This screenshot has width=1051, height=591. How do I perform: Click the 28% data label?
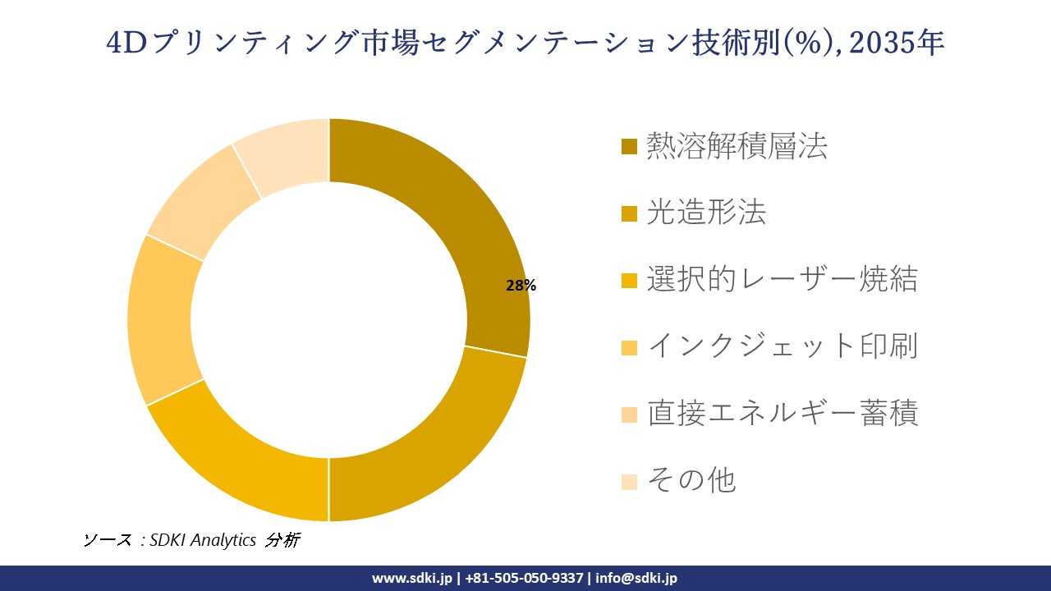(521, 286)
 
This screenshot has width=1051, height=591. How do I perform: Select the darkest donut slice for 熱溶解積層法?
(460, 222)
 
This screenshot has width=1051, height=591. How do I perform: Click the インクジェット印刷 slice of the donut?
(164, 320)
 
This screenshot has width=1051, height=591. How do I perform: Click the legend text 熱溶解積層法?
(737, 146)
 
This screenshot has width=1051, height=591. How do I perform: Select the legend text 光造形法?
(706, 213)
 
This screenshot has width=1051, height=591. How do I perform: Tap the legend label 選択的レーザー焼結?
(782, 279)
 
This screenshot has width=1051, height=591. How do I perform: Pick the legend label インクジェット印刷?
(782, 346)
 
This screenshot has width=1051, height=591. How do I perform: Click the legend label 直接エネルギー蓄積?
(782, 412)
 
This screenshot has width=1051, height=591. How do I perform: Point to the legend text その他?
(691, 479)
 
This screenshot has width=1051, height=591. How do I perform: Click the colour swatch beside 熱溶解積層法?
(629, 147)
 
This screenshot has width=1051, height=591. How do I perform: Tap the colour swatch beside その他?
(629, 480)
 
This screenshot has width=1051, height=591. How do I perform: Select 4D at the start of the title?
(126, 42)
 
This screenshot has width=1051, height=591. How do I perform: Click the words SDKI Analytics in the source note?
(204, 540)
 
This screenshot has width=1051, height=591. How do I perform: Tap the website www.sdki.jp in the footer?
(413, 578)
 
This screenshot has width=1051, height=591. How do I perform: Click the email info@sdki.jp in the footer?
(637, 578)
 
